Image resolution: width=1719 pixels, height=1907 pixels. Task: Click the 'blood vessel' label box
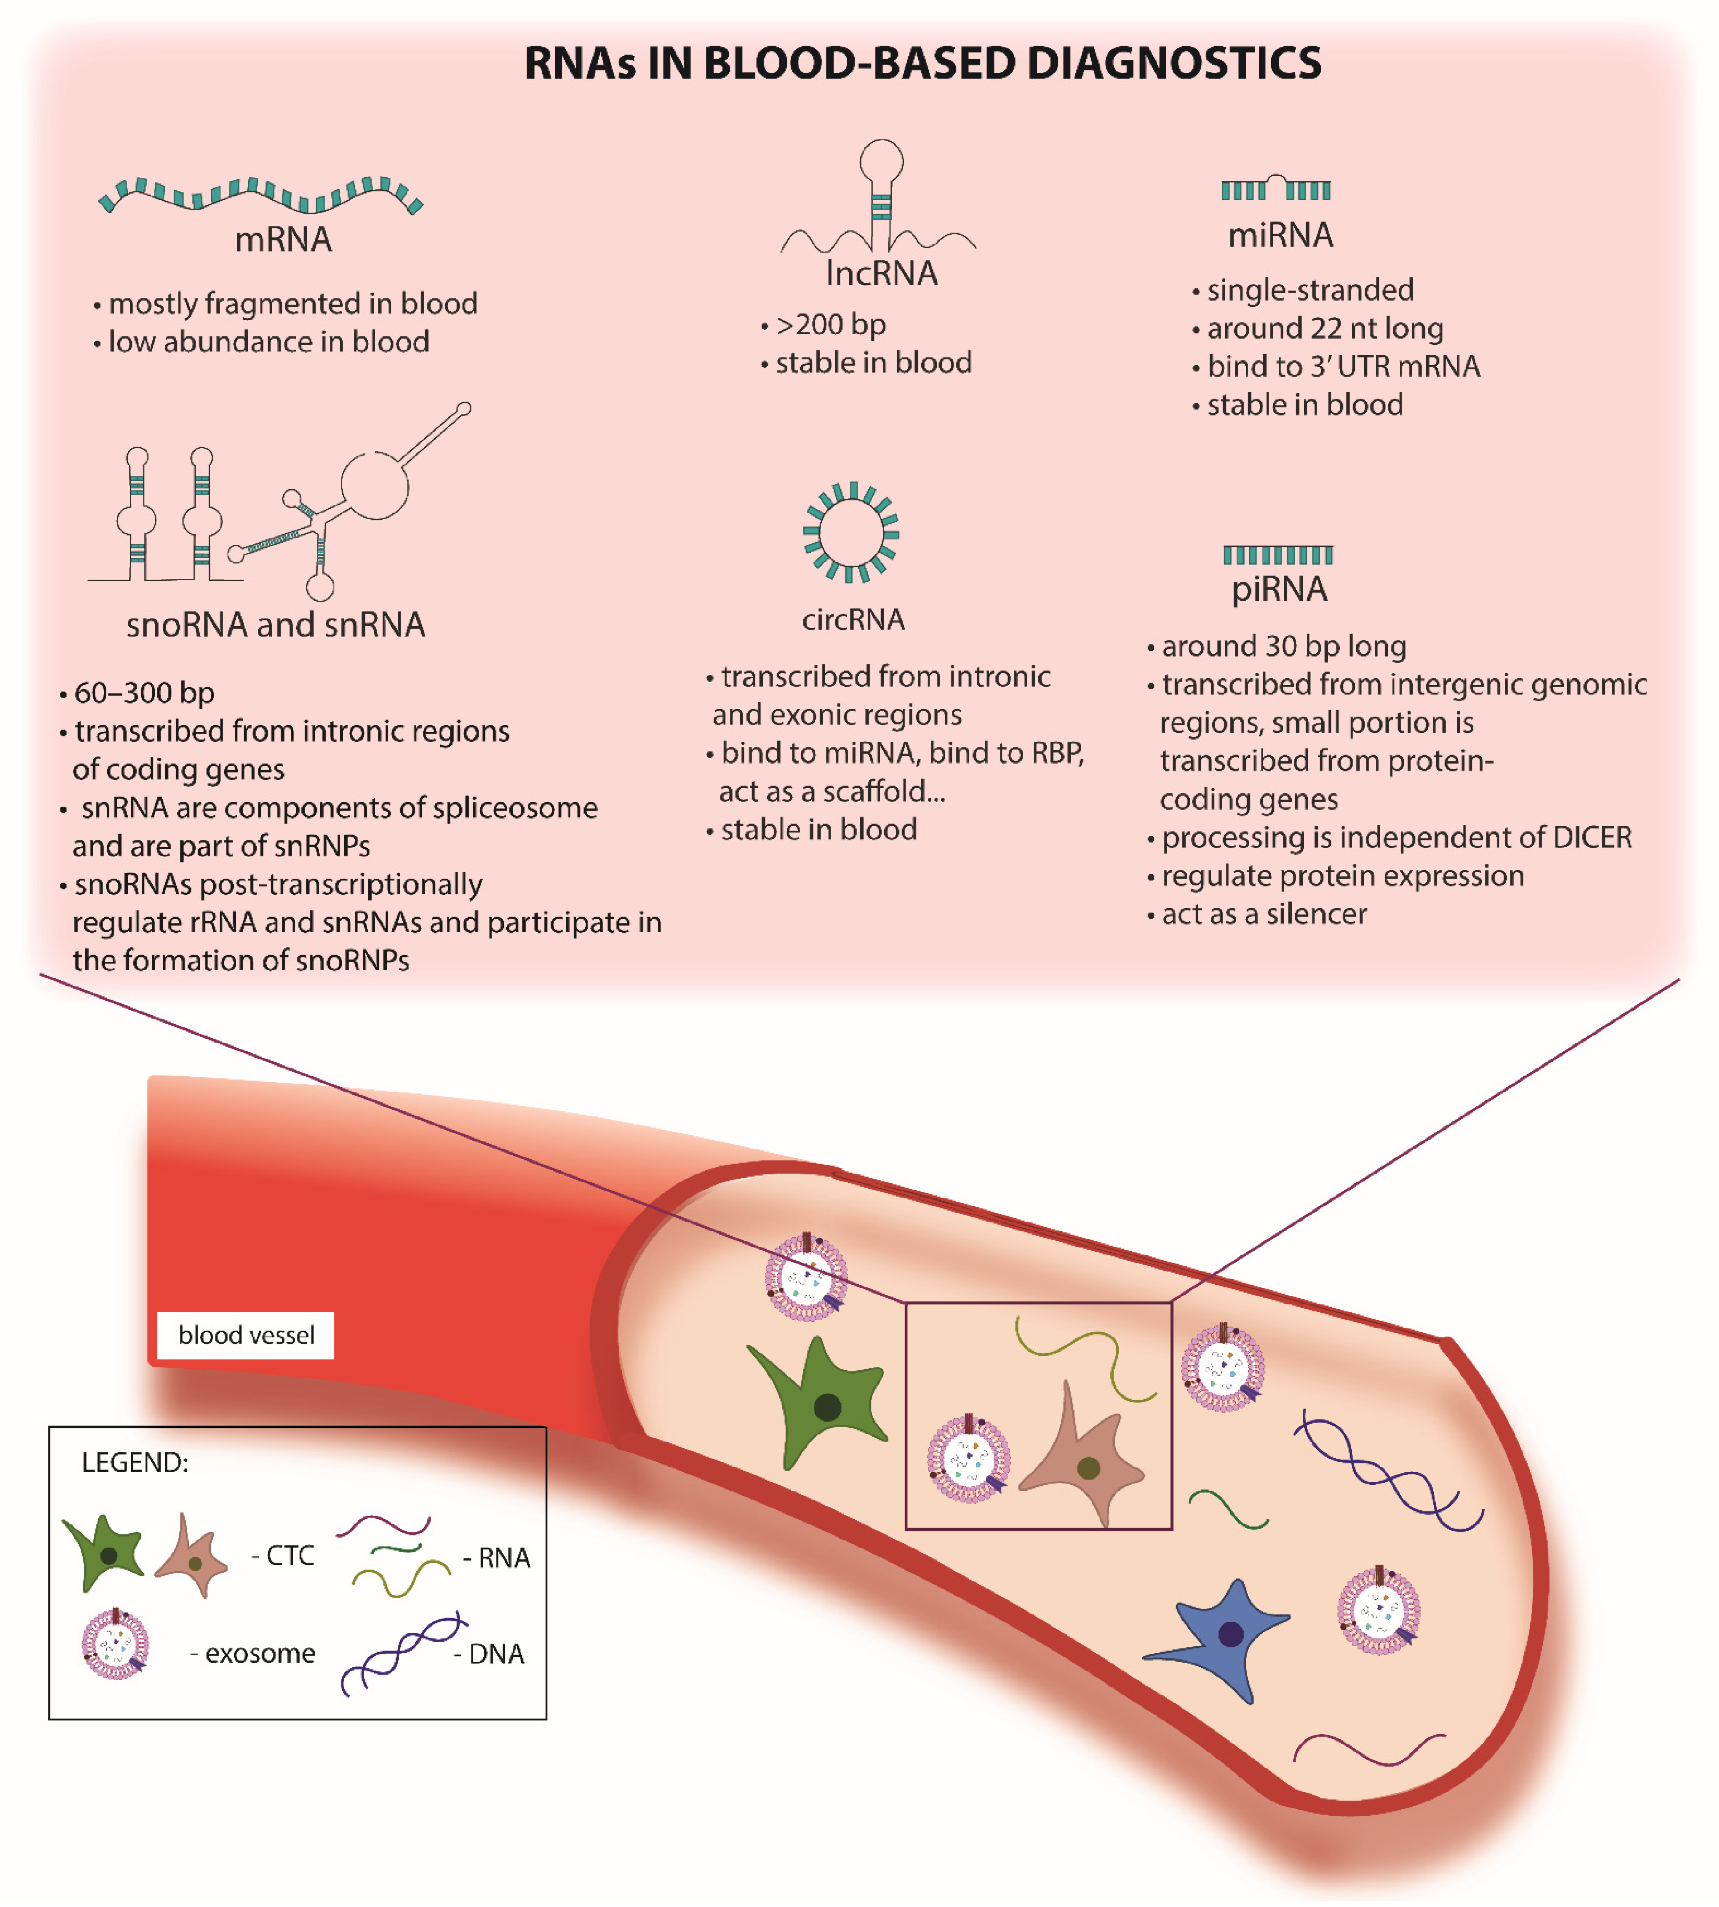[245, 1335]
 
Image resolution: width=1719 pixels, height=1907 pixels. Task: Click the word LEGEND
[135, 1462]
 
